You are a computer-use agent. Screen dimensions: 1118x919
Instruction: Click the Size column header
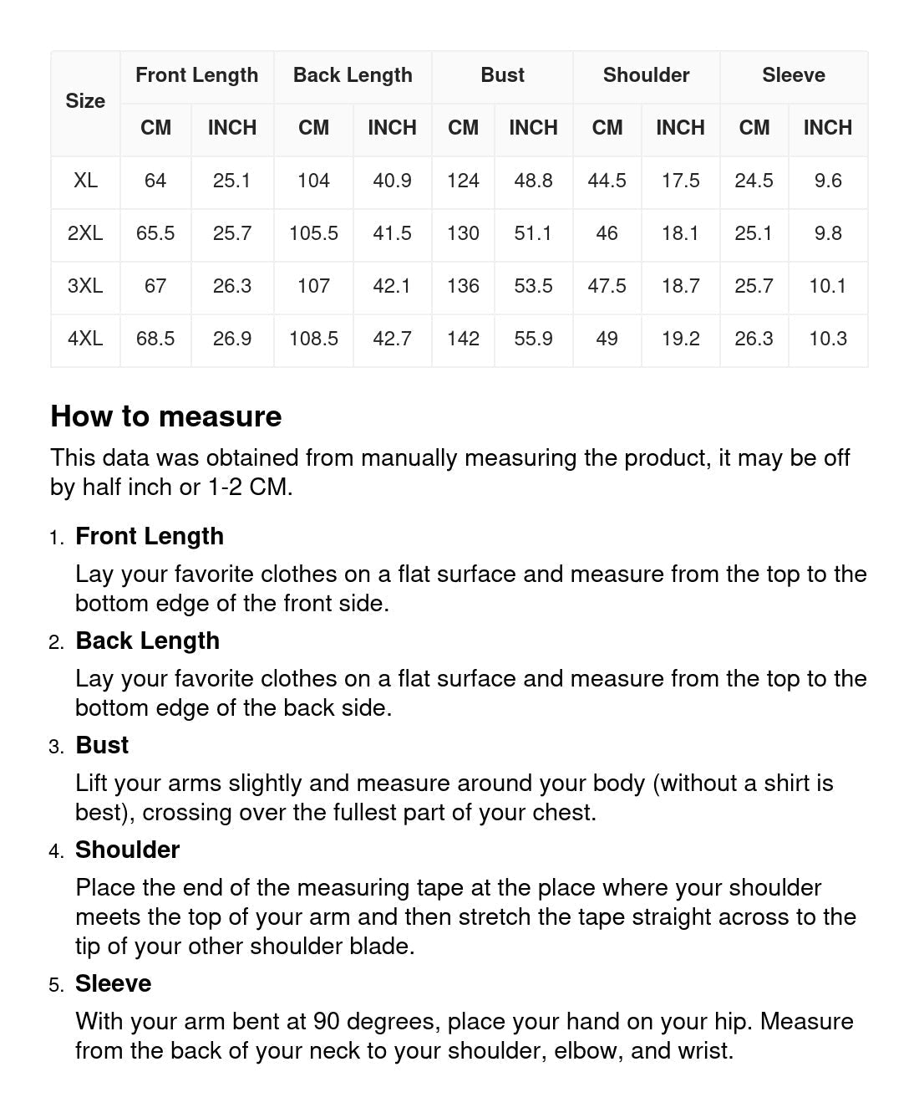point(85,101)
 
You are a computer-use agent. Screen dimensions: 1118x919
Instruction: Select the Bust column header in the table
point(502,75)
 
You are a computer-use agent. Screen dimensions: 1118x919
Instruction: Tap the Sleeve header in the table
point(793,75)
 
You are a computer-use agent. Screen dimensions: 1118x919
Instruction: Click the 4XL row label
point(85,339)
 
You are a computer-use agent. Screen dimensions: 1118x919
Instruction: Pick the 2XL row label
point(85,233)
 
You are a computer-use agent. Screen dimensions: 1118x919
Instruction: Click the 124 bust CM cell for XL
point(463,181)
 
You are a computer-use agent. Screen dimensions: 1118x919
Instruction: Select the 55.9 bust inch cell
point(533,339)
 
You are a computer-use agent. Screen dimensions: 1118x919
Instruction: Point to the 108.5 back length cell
point(313,339)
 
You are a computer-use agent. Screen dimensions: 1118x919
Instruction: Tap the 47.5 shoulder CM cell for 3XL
point(607,286)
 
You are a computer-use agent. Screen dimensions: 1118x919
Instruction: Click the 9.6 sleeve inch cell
point(828,181)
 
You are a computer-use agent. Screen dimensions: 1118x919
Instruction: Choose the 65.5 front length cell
point(155,233)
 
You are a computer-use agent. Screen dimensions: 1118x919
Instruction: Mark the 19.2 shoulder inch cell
point(680,339)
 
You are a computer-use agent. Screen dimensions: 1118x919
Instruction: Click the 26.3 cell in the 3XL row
point(232,286)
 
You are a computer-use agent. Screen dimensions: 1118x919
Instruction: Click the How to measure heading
point(166,416)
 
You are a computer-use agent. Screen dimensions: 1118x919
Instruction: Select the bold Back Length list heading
point(148,641)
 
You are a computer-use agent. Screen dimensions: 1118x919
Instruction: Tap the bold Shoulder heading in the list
point(128,850)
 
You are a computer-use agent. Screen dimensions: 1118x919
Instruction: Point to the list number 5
point(56,985)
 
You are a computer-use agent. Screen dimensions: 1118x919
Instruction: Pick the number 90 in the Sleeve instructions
point(327,1021)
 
